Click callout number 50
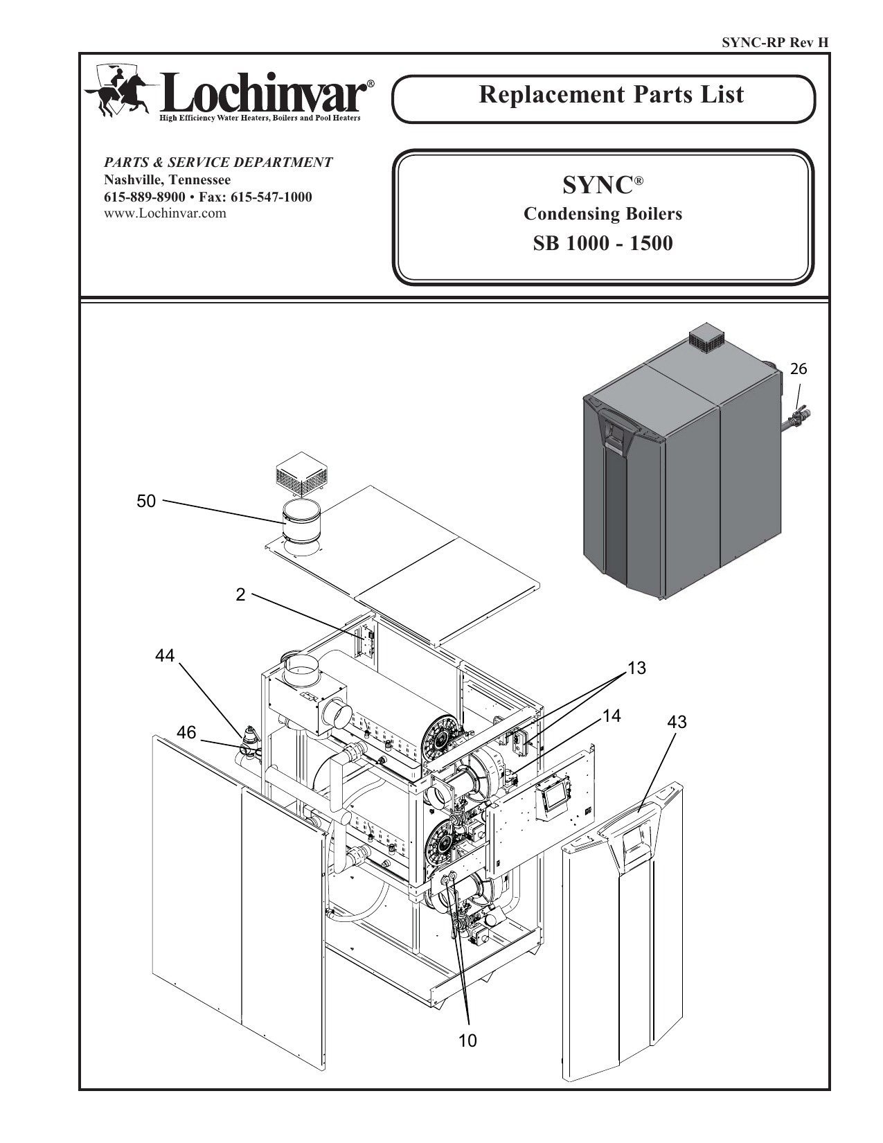pos(146,502)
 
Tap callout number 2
pos(240,595)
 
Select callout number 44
pos(165,655)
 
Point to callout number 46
pos(186,732)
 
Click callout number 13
pos(636,668)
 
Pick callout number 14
pos(612,716)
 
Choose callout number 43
pos(677,722)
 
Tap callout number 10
pos(467,1040)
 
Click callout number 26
pos(799,369)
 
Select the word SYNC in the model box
pos(598,185)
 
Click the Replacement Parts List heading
pos(611,95)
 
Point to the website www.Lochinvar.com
pos(165,213)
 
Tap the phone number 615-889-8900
pos(145,197)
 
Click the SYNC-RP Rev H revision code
pos(775,43)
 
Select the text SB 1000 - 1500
pos(603,244)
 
